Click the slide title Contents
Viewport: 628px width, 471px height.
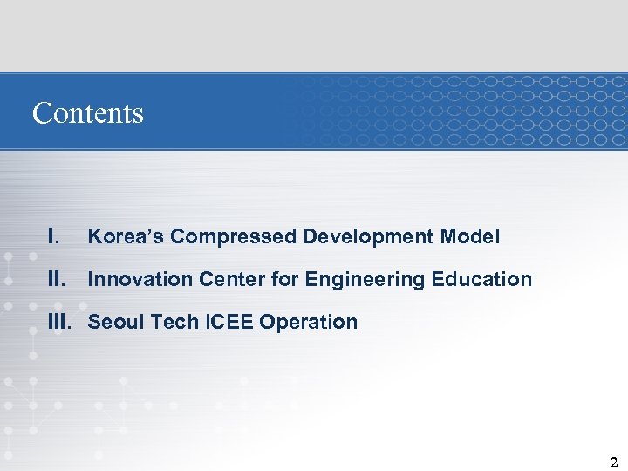coord(87,113)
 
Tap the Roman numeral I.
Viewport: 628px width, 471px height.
coord(54,236)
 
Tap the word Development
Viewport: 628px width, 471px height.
coord(369,237)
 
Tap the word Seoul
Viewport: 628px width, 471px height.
coord(115,322)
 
